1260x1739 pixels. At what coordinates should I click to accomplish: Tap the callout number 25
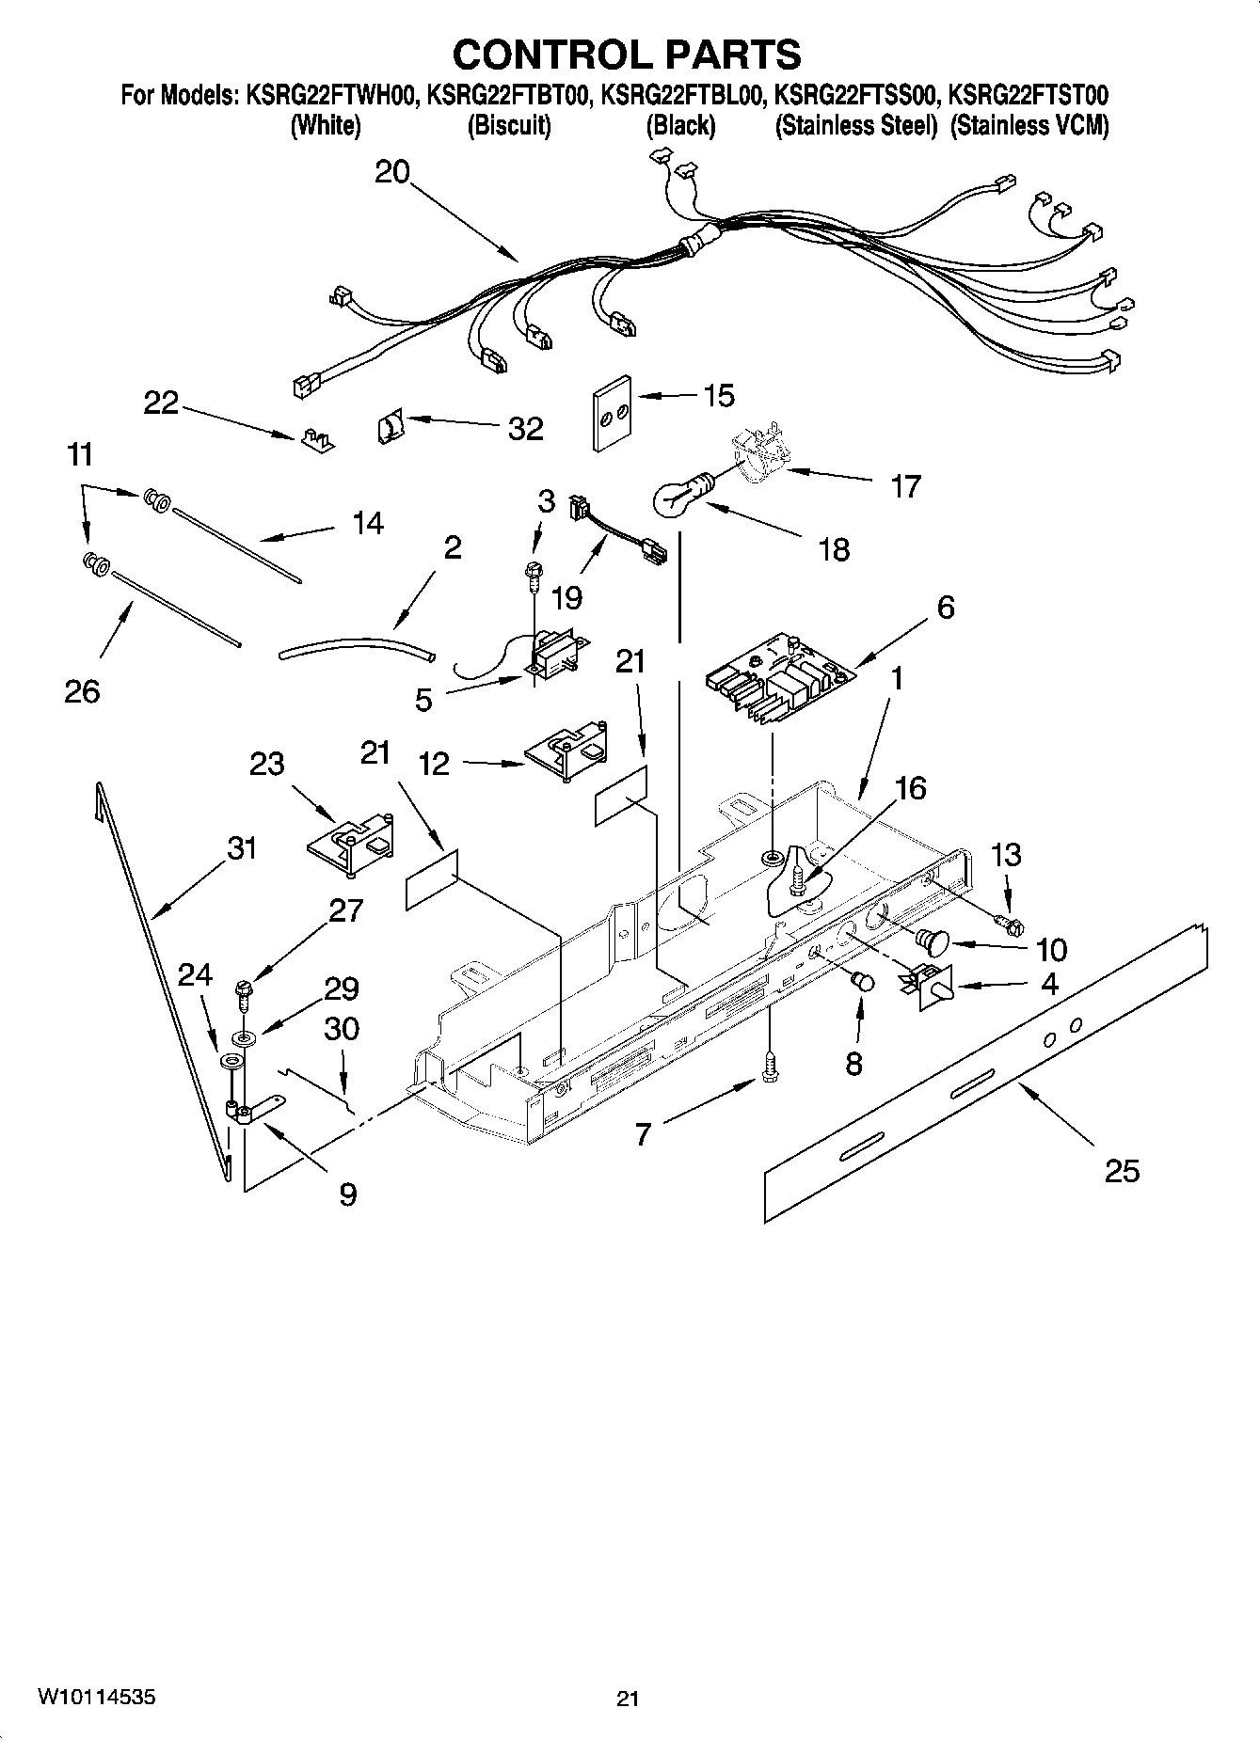(x=1122, y=1171)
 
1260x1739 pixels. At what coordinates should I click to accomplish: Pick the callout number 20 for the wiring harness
(x=392, y=173)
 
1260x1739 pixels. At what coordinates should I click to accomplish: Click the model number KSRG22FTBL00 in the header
(x=681, y=95)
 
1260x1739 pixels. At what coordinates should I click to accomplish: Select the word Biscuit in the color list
(x=509, y=126)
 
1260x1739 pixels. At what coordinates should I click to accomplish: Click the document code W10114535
(x=96, y=1698)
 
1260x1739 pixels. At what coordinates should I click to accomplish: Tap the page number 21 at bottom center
(x=628, y=1699)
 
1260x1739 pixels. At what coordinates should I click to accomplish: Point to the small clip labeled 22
(x=317, y=440)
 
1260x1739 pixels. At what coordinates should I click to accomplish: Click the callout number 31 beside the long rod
(x=242, y=848)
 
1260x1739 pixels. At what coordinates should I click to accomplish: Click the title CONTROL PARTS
(x=627, y=55)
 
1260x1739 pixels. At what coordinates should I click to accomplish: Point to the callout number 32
(x=525, y=429)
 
